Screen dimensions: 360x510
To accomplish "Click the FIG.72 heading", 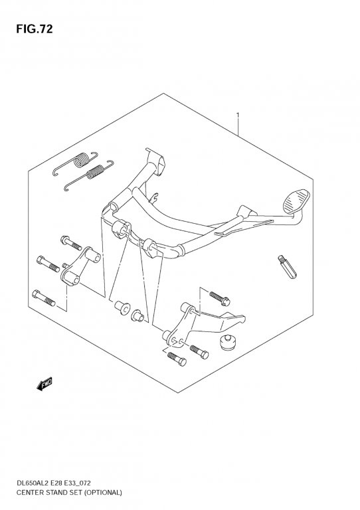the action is point(34,29).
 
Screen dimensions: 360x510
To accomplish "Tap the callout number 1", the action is point(238,116).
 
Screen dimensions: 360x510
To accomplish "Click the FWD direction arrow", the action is point(45,384).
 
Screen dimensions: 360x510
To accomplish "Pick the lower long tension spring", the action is point(88,175).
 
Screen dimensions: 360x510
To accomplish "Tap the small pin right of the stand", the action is point(287,267).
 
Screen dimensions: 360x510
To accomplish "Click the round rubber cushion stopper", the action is point(228,343).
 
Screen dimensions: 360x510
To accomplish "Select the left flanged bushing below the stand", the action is point(122,307).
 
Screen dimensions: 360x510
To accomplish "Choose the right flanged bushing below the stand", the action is point(137,316).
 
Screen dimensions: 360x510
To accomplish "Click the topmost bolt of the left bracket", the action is point(70,242).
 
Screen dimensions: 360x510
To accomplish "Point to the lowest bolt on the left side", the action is point(44,298).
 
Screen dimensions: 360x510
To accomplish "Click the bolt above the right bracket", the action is point(219,298).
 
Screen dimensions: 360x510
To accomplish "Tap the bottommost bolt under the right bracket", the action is point(177,359).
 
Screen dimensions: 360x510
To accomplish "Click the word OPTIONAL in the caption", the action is point(103,493).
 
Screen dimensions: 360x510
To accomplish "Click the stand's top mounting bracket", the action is point(155,161).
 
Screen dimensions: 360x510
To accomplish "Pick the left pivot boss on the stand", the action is point(120,229).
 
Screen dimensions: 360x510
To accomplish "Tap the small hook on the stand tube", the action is point(155,197).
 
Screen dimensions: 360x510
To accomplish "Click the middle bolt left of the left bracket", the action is point(48,264).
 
